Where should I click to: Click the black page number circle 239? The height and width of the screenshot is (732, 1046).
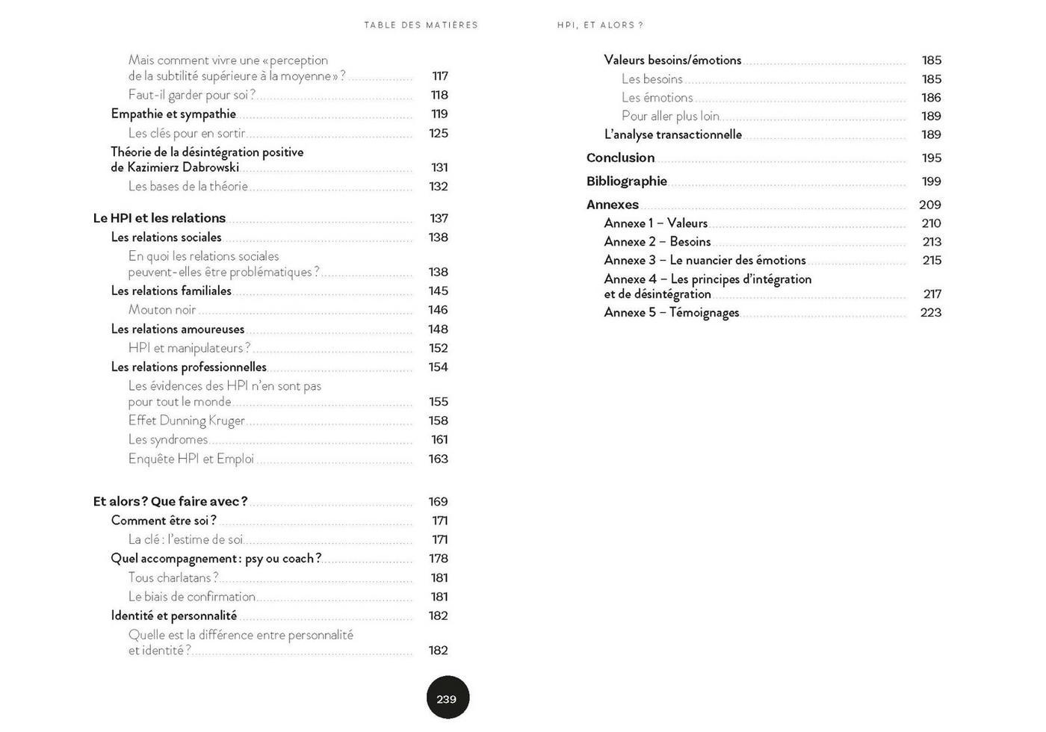point(448,698)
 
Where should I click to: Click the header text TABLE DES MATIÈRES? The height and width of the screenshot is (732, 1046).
point(421,25)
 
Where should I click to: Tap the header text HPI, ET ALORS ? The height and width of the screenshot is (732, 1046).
point(600,25)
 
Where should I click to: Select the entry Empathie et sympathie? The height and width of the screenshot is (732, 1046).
point(173,114)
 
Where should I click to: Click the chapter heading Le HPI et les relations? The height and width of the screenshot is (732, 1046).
point(159,218)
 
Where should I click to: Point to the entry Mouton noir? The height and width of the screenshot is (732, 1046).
point(162,310)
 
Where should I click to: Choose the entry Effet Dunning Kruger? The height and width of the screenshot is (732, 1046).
point(186,421)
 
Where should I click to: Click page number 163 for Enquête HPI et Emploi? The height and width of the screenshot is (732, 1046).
point(438,459)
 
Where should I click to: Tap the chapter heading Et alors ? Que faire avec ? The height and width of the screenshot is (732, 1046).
point(170,501)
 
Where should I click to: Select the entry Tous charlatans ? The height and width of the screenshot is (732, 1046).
point(173,577)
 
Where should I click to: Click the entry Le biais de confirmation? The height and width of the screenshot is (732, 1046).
point(192,597)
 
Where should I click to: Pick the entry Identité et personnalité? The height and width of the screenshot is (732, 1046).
point(174,615)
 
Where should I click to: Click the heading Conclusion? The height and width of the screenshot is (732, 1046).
point(620,158)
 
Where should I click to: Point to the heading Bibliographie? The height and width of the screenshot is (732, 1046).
point(626,182)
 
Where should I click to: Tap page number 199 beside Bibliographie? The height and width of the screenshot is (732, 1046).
point(931,182)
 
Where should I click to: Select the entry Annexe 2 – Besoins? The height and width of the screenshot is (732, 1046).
point(657,242)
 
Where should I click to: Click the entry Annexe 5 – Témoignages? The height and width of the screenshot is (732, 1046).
point(672,312)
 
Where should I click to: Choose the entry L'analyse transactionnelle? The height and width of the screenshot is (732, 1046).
point(672,134)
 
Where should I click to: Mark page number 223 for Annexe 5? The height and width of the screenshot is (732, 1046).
point(930,312)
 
